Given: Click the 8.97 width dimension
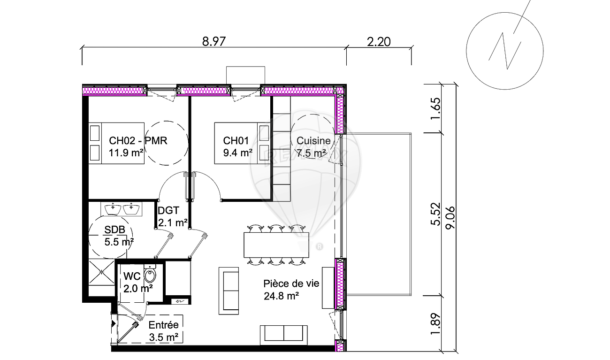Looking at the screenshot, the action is (214, 42).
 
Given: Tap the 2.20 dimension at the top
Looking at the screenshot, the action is (379, 42).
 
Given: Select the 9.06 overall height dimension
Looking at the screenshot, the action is (450, 218).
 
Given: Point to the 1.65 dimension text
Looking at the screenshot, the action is (436, 108).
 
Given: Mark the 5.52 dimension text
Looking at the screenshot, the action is (436, 214).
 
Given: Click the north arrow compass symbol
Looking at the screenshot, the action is (504, 51).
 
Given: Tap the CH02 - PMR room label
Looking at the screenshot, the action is (138, 141).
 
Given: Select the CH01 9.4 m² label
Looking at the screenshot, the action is (237, 147).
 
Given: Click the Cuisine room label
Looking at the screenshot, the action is (313, 141).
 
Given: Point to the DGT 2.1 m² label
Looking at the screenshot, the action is (173, 217).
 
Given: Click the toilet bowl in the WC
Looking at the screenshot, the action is (150, 275).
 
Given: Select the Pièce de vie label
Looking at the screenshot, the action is (291, 284).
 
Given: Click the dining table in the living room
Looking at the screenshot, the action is (276, 245).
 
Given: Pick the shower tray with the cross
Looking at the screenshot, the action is (101, 272).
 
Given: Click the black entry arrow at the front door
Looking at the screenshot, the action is (114, 324).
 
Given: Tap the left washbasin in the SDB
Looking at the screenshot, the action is (113, 209).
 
